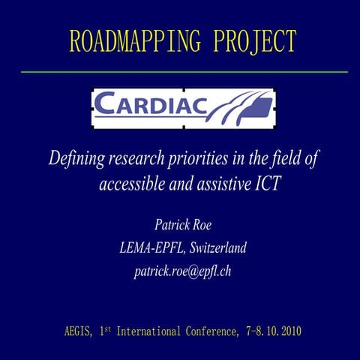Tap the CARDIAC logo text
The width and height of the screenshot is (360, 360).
pyautogui.click(x=150, y=108)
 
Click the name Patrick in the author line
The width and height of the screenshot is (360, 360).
pyautogui.click(x=172, y=224)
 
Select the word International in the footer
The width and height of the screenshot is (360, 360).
pyautogui.click(x=154, y=331)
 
